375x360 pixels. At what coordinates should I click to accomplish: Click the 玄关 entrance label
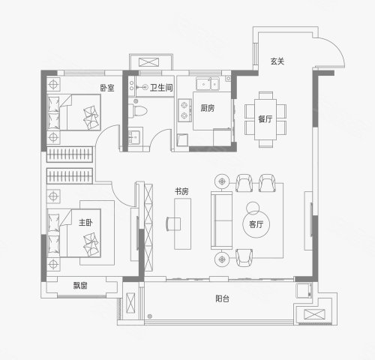tap(277, 61)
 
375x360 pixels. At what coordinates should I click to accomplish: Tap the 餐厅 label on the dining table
tap(265, 119)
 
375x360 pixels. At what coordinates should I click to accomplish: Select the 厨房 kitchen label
tap(208, 108)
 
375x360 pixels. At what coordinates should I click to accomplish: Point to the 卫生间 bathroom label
tap(161, 88)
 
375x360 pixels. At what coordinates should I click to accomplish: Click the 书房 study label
tap(181, 191)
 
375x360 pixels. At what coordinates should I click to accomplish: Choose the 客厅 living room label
tap(256, 224)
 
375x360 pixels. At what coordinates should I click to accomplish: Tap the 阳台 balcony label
tap(222, 298)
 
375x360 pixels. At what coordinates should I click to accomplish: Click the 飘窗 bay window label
tap(80, 286)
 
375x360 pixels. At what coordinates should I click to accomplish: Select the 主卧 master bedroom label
tap(85, 223)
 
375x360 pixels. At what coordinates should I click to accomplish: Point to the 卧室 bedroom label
tap(107, 88)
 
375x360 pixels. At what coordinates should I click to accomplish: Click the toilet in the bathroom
tap(137, 111)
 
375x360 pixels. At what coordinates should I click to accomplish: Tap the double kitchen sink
tap(208, 83)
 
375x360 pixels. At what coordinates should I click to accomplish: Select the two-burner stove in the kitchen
tap(184, 110)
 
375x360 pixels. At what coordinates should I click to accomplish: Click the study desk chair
tap(173, 224)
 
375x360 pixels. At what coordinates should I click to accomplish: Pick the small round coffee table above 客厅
tap(253, 208)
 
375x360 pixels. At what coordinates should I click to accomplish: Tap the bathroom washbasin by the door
tap(135, 136)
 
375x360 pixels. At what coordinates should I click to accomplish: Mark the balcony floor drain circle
tap(150, 316)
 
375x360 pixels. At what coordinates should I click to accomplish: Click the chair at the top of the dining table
tap(265, 95)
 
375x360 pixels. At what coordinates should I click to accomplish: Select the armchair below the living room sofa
tap(244, 257)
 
